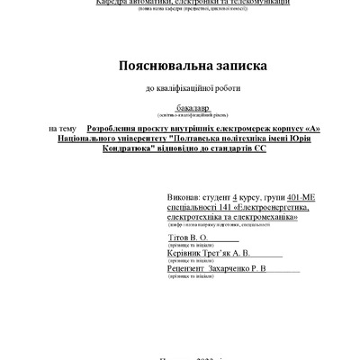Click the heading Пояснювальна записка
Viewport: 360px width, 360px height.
[180, 67]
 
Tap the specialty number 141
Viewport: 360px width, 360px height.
[227, 206]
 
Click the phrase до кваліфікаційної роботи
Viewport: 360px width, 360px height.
[180, 88]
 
